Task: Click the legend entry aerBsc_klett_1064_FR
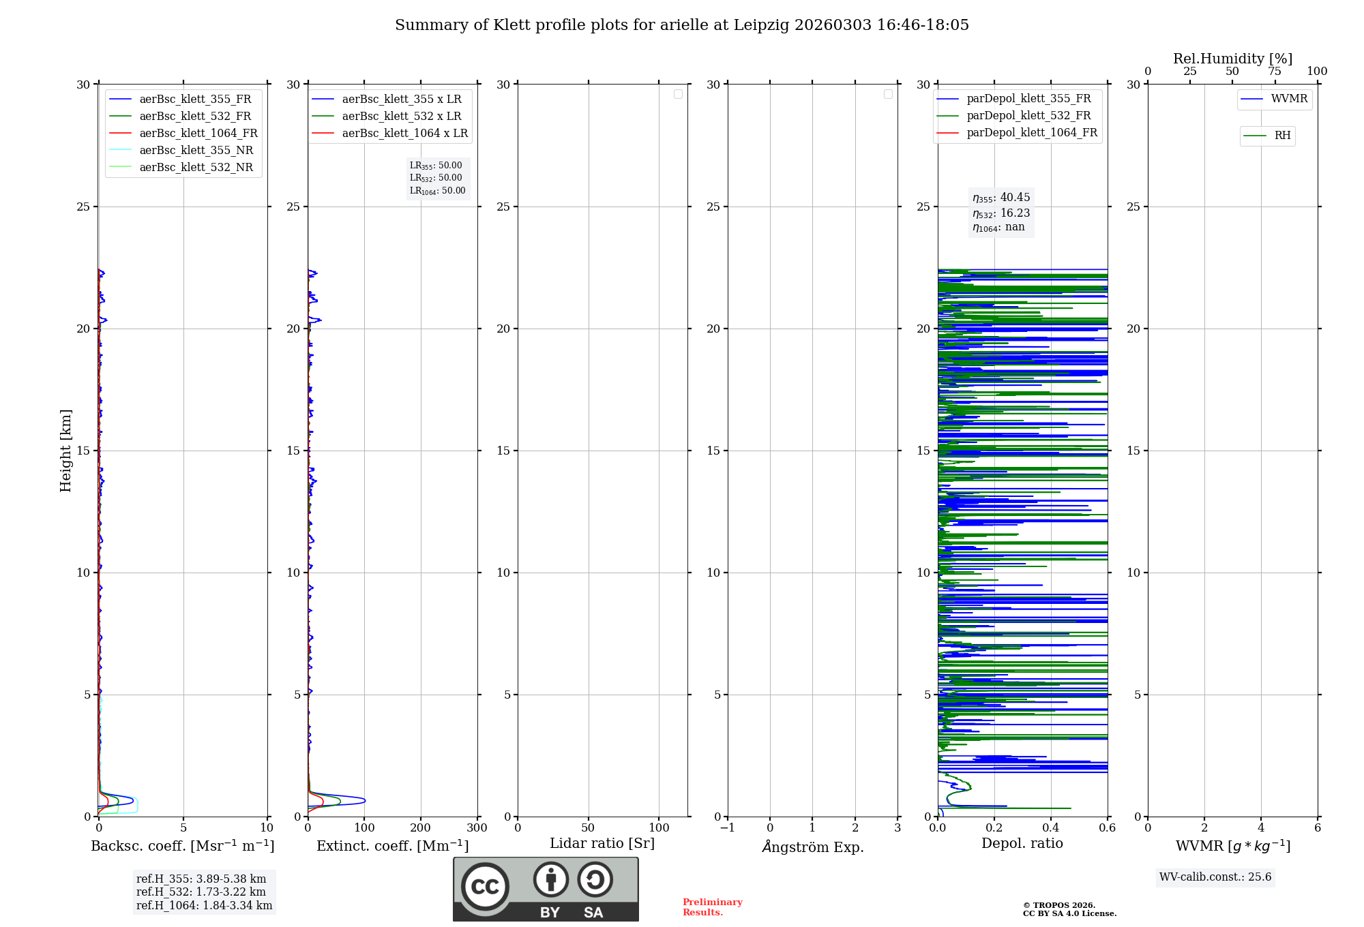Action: (198, 134)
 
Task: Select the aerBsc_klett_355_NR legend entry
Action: (196, 151)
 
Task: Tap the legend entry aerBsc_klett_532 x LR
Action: (401, 117)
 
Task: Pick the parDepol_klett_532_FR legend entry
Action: (1028, 116)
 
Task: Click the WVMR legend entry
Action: (1288, 99)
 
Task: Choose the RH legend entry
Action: (1281, 136)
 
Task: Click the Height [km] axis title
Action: (65, 451)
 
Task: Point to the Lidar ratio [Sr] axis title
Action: (602, 844)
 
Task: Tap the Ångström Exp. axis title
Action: (813, 847)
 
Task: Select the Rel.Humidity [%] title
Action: (1232, 59)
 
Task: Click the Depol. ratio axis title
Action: (1022, 844)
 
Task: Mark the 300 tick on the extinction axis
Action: (477, 828)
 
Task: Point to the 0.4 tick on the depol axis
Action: (1051, 828)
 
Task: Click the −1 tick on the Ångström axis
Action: (728, 828)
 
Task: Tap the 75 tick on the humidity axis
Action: (1275, 72)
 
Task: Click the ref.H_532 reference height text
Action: (201, 892)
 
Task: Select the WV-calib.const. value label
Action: (1215, 877)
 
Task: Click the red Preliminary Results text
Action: (712, 907)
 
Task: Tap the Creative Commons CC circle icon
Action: (485, 887)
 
